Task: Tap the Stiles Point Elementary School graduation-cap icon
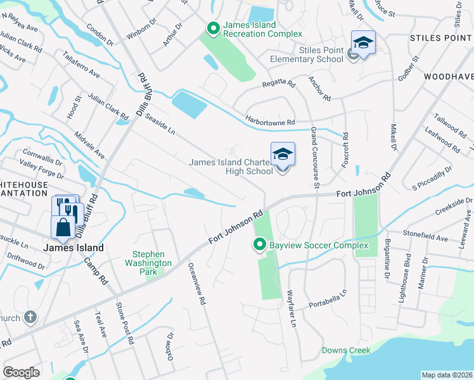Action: point(363,43)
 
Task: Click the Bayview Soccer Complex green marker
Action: point(259,244)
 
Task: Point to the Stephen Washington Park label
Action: point(148,258)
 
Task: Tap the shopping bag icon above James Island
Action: point(63,227)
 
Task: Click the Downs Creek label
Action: point(342,350)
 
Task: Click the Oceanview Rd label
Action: point(196,285)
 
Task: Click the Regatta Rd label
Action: point(279,83)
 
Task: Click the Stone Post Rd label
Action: point(124,322)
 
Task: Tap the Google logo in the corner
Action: point(21,372)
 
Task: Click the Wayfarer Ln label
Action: point(291,308)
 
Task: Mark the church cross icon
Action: point(29,316)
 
